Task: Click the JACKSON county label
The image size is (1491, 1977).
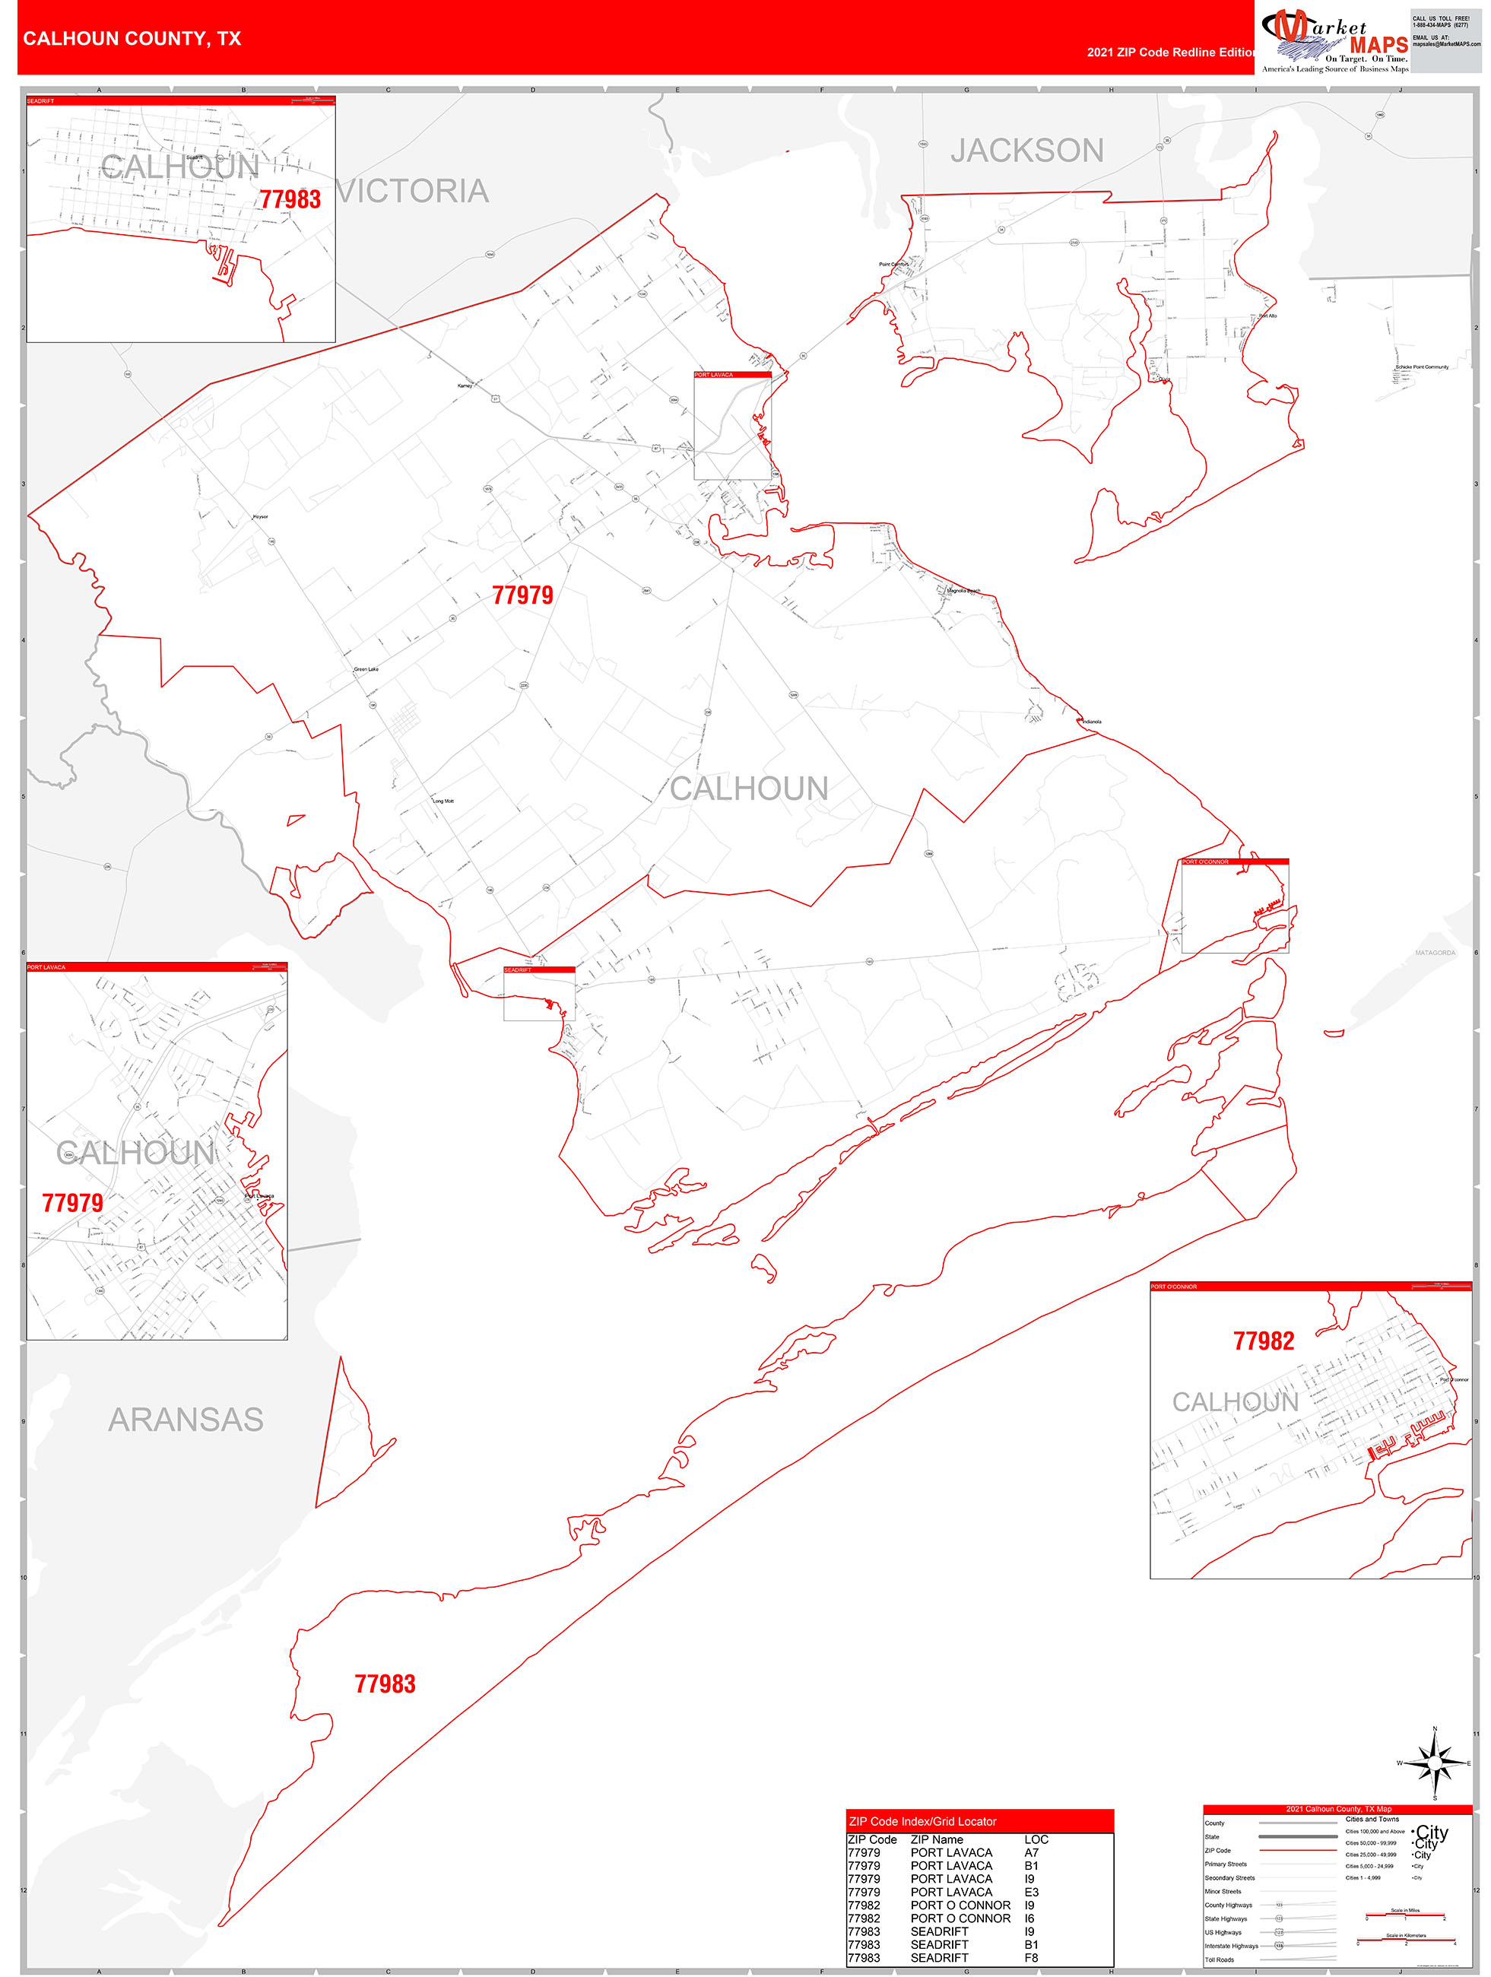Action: (x=1027, y=150)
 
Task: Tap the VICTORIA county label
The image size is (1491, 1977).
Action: (x=413, y=190)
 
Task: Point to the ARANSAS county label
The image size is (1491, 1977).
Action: (x=186, y=1420)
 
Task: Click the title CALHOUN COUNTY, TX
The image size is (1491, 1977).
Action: (x=132, y=39)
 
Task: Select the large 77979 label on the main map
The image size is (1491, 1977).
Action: (x=523, y=595)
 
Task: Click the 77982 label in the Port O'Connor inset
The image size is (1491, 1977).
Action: (x=1263, y=1341)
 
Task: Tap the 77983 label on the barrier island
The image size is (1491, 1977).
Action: (x=385, y=1683)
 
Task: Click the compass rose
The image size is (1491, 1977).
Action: (x=1435, y=1763)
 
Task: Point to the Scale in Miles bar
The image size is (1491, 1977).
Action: (x=1404, y=1915)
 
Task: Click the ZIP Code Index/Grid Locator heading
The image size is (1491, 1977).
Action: (x=922, y=1821)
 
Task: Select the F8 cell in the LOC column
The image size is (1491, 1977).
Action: (x=1031, y=1957)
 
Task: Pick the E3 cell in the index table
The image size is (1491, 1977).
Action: (x=1031, y=1892)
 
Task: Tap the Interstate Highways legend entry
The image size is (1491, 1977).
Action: (x=1231, y=1946)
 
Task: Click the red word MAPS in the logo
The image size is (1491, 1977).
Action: (x=1378, y=45)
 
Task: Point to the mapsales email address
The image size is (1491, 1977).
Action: (x=1446, y=44)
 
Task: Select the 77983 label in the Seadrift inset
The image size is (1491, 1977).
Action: (x=290, y=199)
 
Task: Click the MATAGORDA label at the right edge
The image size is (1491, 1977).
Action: (x=1435, y=953)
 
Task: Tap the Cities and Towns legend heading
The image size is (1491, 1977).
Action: (x=1372, y=1819)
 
